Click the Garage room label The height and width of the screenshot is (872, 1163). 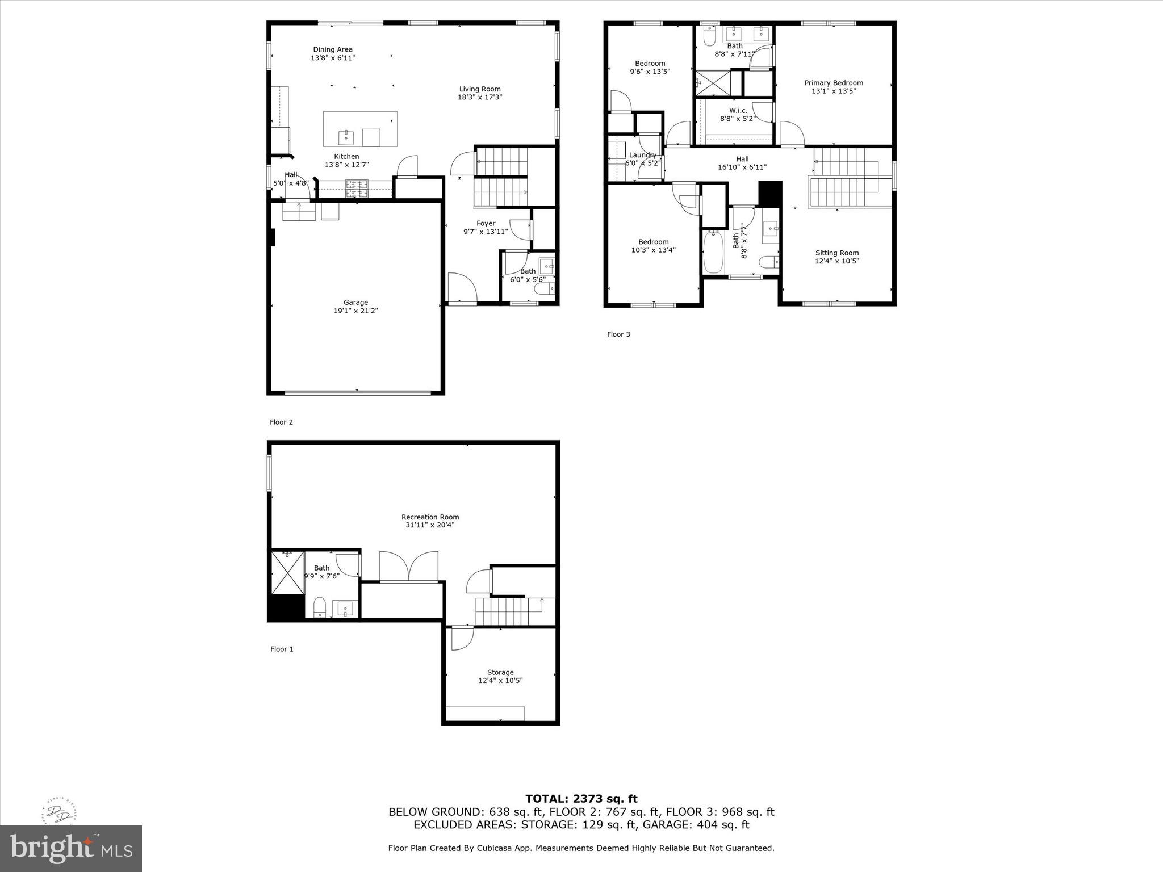(355, 303)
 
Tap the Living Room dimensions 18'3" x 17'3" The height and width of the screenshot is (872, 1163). (480, 97)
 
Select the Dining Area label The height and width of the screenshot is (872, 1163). (333, 49)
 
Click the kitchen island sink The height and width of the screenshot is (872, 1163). (346, 137)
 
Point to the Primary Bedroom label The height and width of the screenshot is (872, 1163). (834, 83)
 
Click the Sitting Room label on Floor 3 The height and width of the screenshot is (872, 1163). (837, 253)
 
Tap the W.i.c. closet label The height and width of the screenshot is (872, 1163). (738, 111)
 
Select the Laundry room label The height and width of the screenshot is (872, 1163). (643, 155)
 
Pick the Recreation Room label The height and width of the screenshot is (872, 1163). (430, 517)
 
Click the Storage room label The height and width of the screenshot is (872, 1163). (500, 672)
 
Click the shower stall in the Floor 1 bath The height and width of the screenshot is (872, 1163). (287, 572)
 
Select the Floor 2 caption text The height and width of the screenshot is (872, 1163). (281, 422)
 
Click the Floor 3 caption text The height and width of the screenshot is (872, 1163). (618, 334)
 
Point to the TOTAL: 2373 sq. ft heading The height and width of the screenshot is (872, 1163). (581, 799)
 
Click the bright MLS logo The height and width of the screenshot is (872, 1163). (71, 848)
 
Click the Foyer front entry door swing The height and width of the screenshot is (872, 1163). (461, 288)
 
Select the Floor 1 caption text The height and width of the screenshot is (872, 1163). (282, 649)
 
